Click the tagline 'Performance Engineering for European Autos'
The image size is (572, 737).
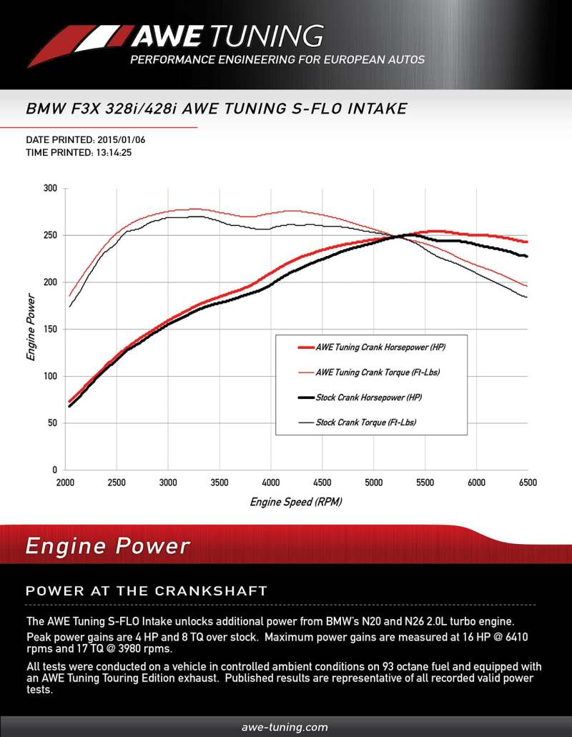tap(277, 60)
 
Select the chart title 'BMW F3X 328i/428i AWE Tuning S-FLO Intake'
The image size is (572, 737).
tap(217, 109)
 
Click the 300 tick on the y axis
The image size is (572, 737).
tap(50, 188)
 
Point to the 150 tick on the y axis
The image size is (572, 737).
tap(50, 329)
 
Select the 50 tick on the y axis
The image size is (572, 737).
tap(52, 423)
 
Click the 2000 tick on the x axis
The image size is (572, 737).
tap(65, 483)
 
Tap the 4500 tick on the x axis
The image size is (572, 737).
tap(322, 483)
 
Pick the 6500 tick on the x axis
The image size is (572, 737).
tap(527, 483)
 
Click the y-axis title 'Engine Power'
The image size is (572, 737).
tap(31, 326)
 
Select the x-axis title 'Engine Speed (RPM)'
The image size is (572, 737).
tap(296, 502)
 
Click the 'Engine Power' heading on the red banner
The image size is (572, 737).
tap(108, 547)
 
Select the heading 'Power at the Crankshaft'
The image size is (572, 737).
tap(147, 591)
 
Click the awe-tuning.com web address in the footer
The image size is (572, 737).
tap(285, 727)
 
